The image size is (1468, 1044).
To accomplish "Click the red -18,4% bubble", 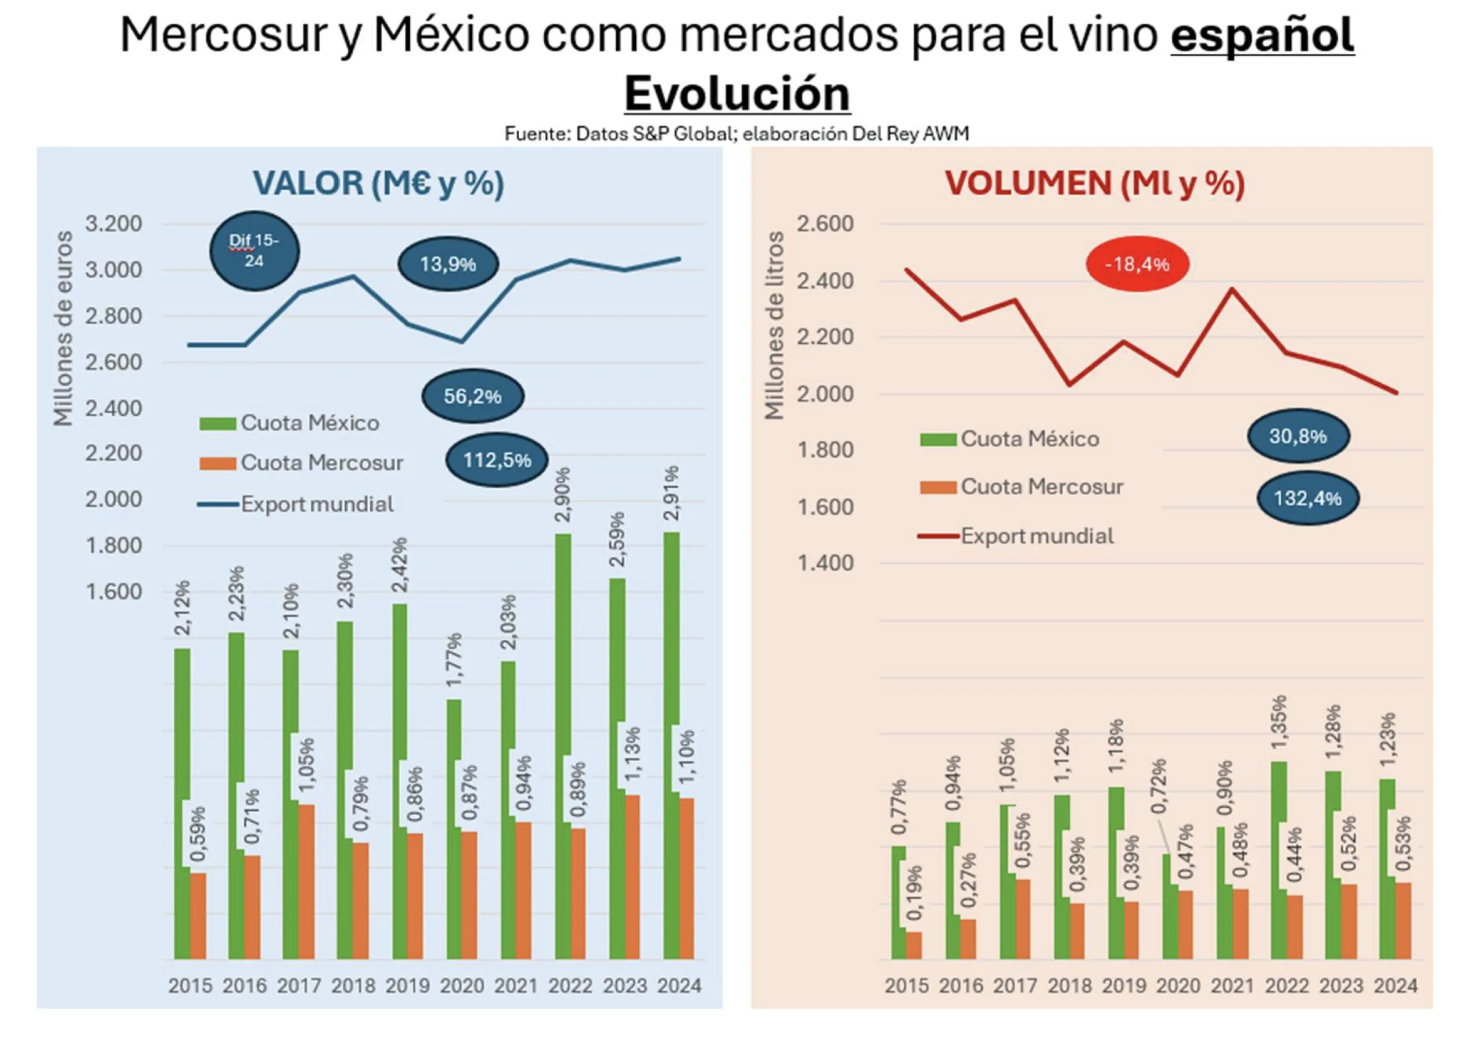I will coord(1136,264).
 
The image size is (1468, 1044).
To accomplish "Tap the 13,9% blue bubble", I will coord(447,264).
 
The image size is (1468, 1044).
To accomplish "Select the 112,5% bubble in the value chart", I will coord(497,460).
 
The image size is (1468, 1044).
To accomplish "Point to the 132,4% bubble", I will coord(1307,498).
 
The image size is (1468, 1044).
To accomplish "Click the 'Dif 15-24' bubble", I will coord(255,251).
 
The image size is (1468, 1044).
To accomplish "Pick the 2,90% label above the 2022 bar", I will coord(564,494).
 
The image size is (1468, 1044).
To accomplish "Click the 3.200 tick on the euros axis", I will coord(113,224).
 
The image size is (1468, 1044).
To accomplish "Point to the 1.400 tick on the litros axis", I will coord(826,563).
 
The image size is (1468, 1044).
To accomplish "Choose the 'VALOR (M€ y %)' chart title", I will coord(378,184).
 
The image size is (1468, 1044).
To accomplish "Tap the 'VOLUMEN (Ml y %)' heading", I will coord(1094,184).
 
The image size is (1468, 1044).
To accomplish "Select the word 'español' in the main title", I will coord(1262,35).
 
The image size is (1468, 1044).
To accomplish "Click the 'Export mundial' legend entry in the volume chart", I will coord(1037,536).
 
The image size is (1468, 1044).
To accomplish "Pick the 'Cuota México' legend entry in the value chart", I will coord(309,423).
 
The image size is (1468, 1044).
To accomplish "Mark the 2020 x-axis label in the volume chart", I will coord(1178,985).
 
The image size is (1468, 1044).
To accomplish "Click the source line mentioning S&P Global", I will coord(736,134).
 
